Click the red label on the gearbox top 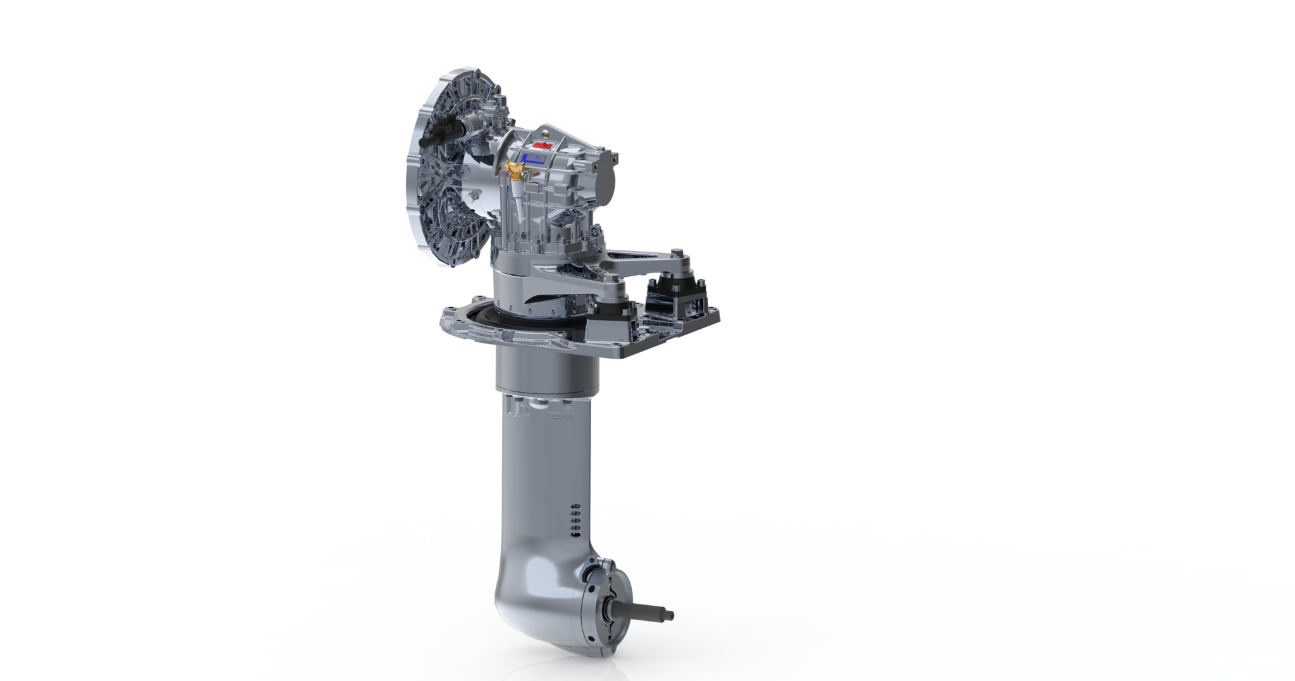[541, 145]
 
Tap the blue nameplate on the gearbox [534, 158]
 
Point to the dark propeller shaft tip [651, 613]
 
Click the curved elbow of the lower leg [537, 588]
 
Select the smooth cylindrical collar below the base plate [546, 373]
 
